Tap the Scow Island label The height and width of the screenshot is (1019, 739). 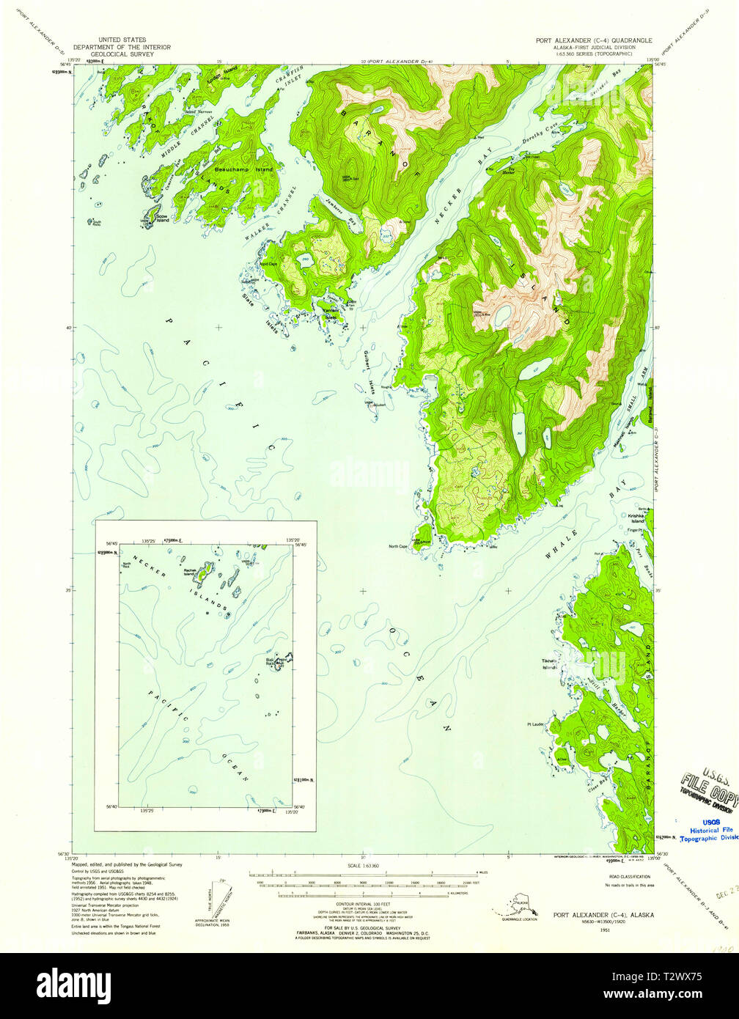coord(162,218)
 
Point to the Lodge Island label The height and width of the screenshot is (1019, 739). coord(222,74)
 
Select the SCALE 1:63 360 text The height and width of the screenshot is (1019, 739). coord(364,866)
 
